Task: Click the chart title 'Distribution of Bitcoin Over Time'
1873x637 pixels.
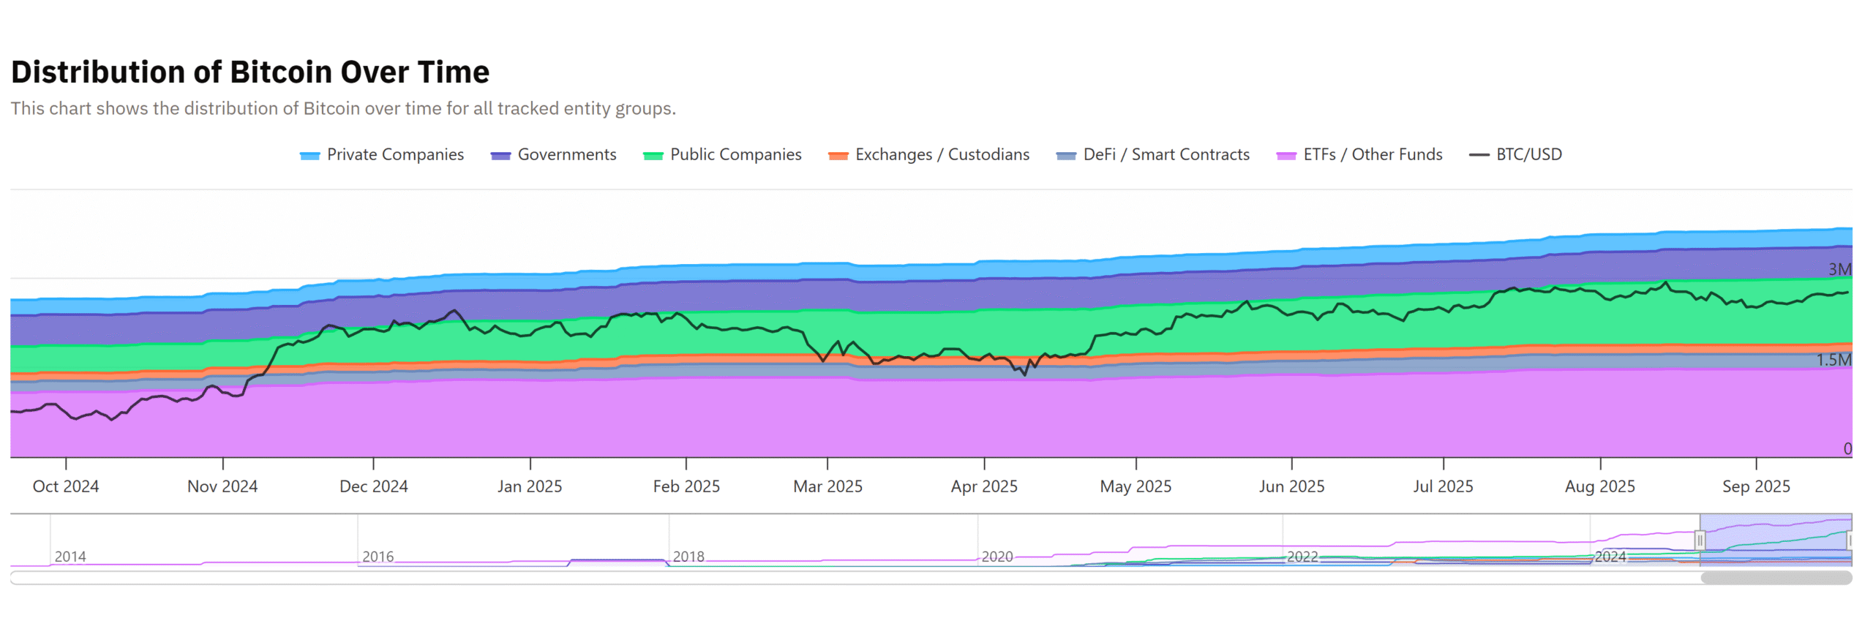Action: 250,72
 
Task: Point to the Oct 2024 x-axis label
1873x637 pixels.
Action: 66,486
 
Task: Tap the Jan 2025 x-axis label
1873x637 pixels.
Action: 530,486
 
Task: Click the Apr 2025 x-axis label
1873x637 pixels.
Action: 984,486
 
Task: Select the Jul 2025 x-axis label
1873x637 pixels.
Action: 1443,486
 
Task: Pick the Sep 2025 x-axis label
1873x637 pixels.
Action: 1756,486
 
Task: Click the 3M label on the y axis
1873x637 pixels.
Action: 1839,269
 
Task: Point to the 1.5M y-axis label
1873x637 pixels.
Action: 1833,360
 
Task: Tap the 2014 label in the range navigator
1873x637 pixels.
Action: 70,557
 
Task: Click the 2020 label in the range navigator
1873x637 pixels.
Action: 997,557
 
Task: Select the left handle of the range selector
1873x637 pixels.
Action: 1700,540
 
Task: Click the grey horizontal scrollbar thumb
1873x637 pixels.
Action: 1776,578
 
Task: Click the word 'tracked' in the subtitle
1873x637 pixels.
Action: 527,108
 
